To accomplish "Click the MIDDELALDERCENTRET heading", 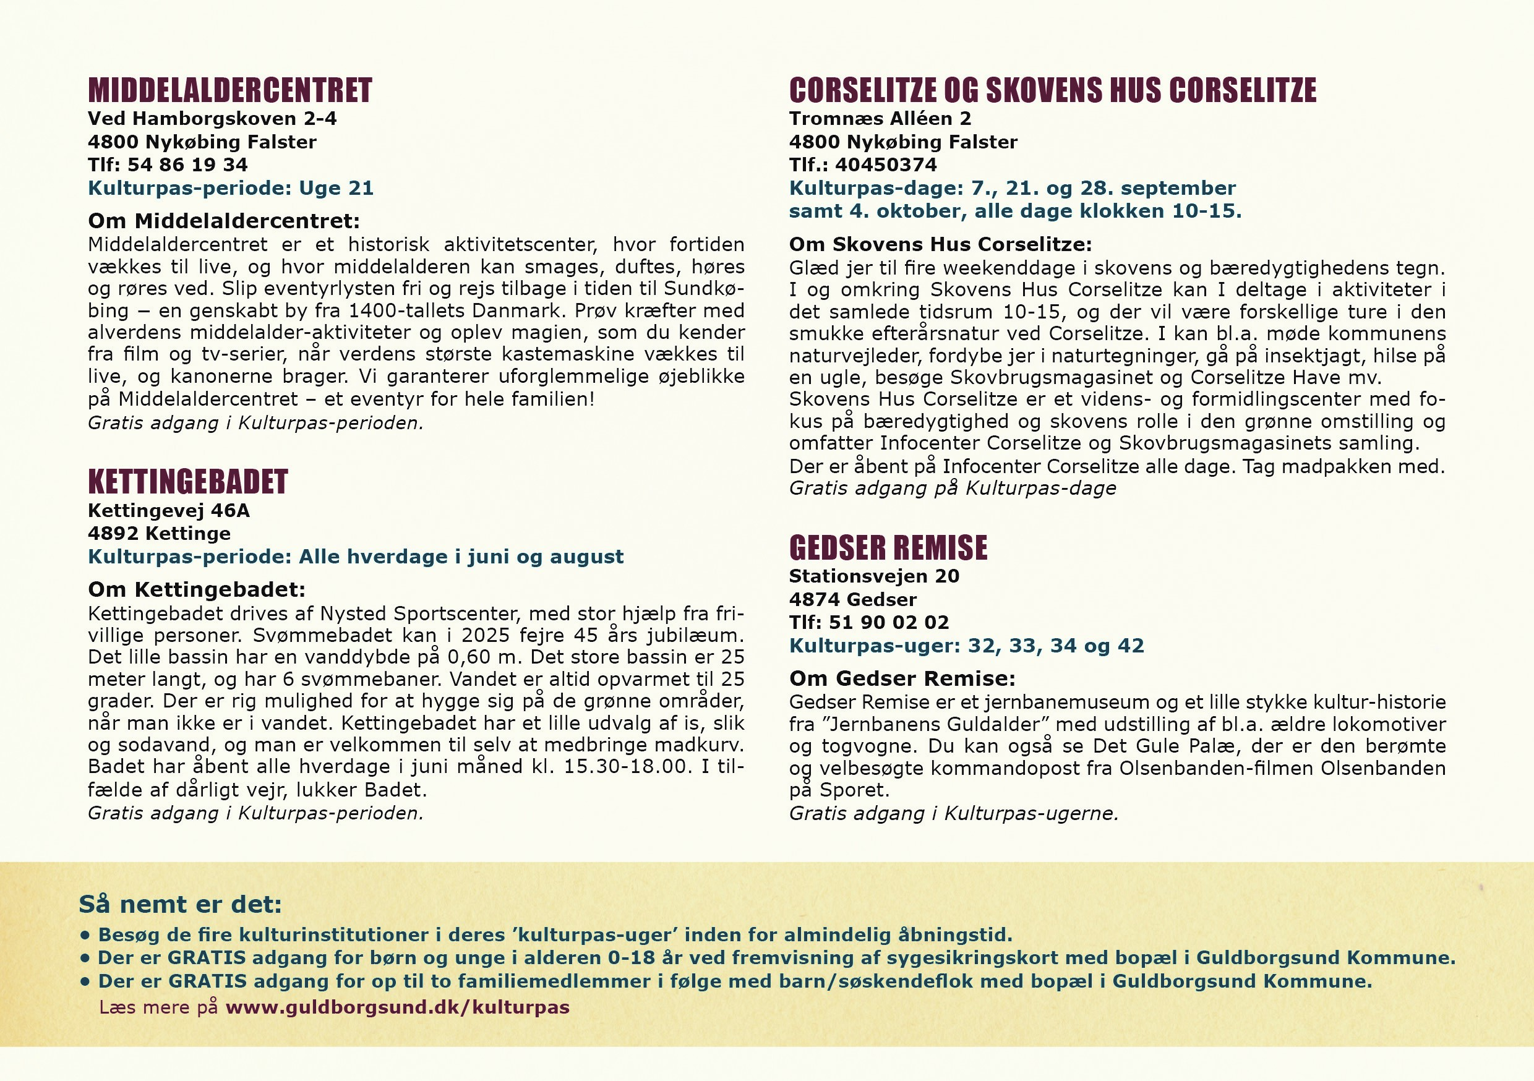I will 230,91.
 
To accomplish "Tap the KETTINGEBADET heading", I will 188,482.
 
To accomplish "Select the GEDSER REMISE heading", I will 888,548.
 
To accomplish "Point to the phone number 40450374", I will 886,164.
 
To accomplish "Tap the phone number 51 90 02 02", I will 889,622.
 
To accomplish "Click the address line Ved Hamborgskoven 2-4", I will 212,119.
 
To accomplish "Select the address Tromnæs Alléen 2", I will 880,119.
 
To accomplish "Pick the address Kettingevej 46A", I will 168,510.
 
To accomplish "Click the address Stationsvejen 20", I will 874,576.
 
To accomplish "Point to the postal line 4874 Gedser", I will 852,599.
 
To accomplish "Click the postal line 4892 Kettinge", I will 159,533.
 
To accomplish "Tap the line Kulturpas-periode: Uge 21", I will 231,188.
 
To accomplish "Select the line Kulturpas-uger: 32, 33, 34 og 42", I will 966,646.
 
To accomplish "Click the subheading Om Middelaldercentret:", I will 224,221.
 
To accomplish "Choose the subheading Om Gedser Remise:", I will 902,678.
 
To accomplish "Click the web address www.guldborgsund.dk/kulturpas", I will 398,1007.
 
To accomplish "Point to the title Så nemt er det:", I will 181,904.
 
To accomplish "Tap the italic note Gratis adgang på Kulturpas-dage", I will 952,488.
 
